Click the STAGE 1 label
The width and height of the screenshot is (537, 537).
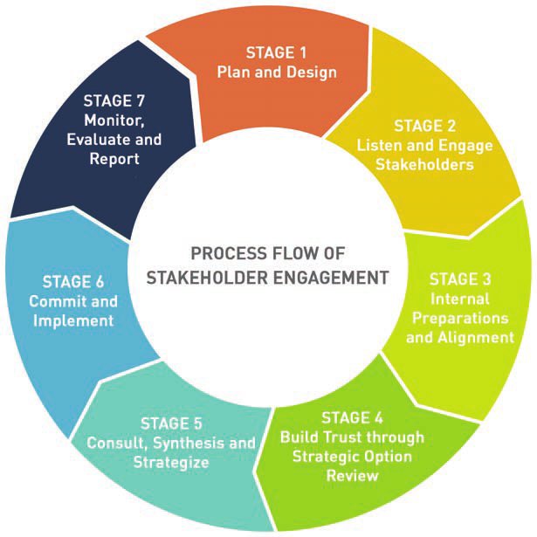point(276,52)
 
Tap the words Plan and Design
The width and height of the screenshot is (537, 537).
point(276,72)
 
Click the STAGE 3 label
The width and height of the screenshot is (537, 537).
point(460,280)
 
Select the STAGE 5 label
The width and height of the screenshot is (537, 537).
point(171,424)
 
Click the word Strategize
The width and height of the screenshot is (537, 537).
point(171,463)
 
